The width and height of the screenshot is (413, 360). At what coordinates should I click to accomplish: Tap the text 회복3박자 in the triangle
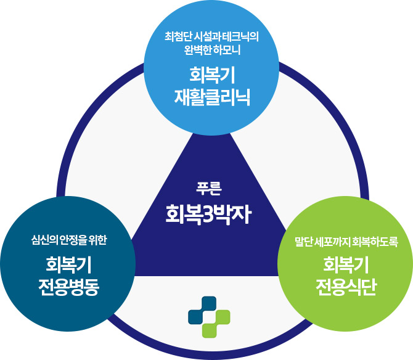206,214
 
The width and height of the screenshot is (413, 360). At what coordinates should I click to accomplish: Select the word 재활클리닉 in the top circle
211,96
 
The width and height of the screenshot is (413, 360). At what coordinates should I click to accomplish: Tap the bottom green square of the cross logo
210,330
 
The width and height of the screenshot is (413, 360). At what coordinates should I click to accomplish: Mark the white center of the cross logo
210,317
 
